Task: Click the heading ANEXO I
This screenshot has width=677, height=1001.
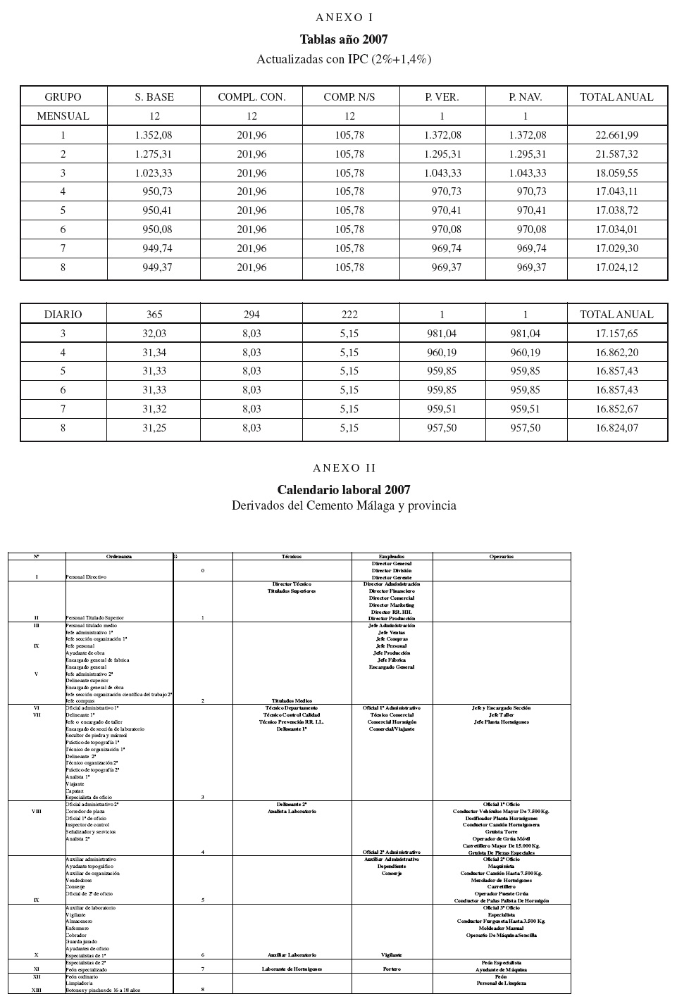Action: (344, 18)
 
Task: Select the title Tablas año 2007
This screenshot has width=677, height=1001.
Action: (344, 39)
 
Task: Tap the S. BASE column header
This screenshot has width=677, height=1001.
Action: (154, 97)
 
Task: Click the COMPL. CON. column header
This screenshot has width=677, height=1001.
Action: (251, 97)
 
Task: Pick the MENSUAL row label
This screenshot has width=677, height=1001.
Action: (63, 116)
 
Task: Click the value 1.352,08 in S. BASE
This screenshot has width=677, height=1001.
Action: (154, 135)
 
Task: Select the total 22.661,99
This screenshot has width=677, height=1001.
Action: (616, 135)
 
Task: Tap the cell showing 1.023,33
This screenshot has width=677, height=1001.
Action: (154, 173)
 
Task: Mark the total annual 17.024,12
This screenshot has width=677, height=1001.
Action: (616, 267)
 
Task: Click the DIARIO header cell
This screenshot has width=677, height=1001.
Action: (63, 315)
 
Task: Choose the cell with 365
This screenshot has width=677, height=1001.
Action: (154, 315)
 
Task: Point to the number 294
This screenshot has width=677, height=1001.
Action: (251, 315)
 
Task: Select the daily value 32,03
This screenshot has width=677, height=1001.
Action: (154, 334)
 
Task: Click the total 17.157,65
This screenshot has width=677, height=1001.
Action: (616, 334)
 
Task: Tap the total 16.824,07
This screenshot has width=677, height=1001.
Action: (616, 428)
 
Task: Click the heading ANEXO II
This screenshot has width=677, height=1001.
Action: (344, 468)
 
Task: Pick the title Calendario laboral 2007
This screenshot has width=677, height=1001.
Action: (344, 490)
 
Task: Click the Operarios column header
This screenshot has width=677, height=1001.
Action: (502, 556)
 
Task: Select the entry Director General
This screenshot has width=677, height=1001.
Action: (392, 564)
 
